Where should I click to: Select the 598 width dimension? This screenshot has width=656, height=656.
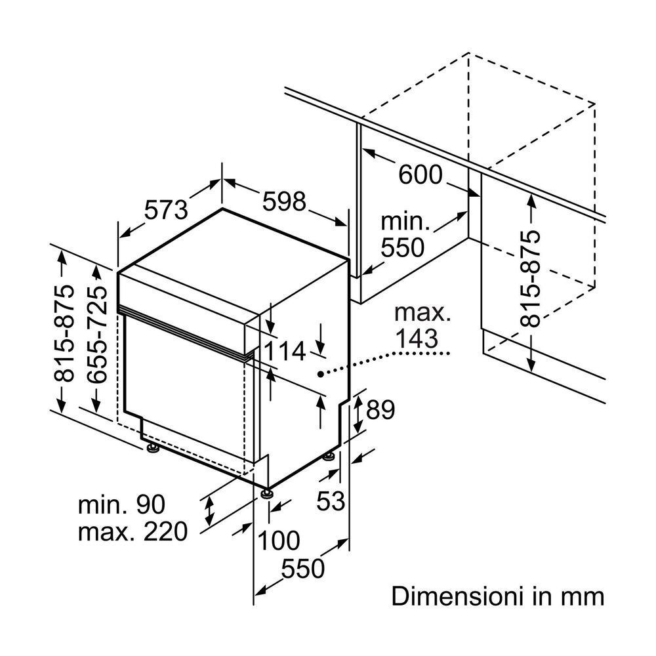(x=285, y=201)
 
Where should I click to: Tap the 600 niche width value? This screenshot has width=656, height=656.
(x=420, y=175)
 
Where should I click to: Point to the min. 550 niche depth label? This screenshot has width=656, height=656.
(x=404, y=235)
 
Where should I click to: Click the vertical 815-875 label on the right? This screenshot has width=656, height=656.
(x=530, y=278)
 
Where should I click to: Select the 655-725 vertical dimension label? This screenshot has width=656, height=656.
(x=96, y=335)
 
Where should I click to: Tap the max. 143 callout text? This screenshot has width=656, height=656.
(x=422, y=326)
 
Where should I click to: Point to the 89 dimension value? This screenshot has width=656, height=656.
(x=380, y=410)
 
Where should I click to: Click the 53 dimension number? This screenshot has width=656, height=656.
(x=331, y=502)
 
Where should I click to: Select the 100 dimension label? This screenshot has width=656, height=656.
(x=278, y=541)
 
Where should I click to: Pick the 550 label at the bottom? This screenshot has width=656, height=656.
(x=304, y=569)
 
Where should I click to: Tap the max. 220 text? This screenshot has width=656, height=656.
(x=133, y=531)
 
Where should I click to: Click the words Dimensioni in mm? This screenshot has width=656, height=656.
(x=497, y=596)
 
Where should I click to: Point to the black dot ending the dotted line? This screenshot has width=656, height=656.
(x=319, y=373)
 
